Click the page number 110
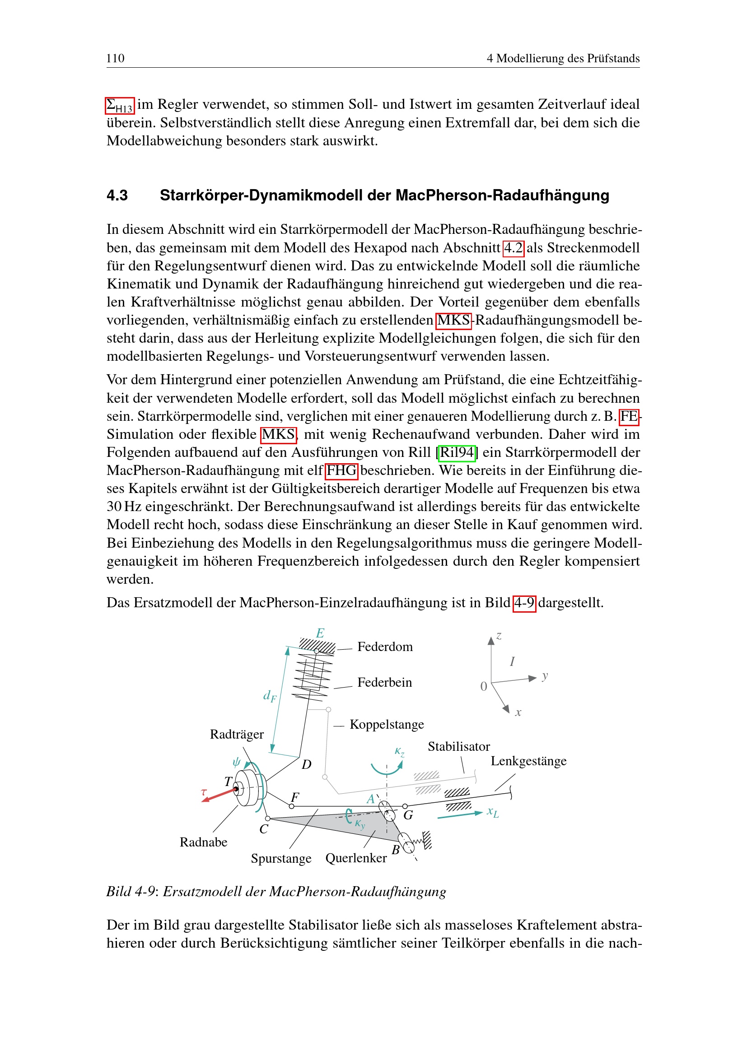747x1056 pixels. tap(115, 58)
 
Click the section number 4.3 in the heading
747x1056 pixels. tap(117, 195)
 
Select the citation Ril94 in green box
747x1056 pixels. tap(456, 452)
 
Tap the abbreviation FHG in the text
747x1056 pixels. tap(341, 470)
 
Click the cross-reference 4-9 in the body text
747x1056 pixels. tap(524, 603)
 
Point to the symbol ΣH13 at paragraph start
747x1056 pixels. tap(120, 105)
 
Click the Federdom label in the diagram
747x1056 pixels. tap(384, 647)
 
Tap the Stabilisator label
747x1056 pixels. tap(458, 746)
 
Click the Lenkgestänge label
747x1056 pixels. tap(528, 761)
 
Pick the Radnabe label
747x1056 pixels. tap(203, 842)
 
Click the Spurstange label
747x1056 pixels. tap(281, 859)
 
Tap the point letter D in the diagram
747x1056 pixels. tap(306, 764)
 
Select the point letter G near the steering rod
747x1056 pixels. tap(408, 815)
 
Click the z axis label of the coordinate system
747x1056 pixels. tap(499, 637)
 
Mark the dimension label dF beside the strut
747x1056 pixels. tap(270, 696)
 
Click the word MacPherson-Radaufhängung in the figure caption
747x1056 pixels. tap(357, 892)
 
